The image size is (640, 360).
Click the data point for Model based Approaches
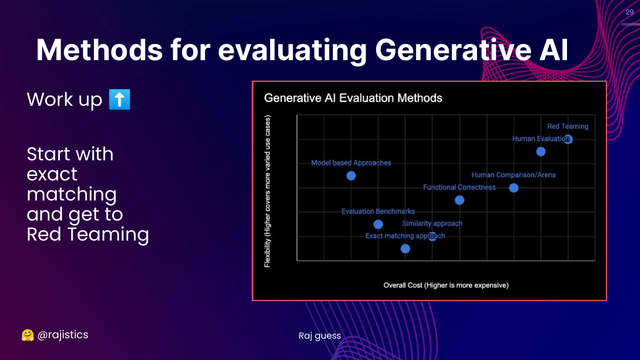click(x=351, y=176)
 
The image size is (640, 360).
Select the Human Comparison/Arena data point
click(x=514, y=188)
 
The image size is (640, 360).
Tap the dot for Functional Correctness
click(x=460, y=200)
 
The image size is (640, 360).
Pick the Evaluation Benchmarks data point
click(x=378, y=224)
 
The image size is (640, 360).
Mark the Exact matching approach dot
click(x=405, y=249)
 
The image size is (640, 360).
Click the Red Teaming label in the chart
click(x=568, y=126)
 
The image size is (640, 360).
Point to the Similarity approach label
click(x=432, y=224)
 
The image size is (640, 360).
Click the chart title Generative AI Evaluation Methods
click(x=353, y=98)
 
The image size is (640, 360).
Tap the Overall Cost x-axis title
click(x=446, y=285)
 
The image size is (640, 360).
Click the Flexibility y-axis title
click(x=267, y=191)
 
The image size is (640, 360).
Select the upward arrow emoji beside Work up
click(x=120, y=99)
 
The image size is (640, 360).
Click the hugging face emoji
click(x=28, y=335)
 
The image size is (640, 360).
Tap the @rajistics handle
click(x=63, y=334)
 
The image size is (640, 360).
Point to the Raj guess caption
click(x=320, y=336)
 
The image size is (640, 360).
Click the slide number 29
click(x=629, y=12)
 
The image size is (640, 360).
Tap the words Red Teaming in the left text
click(x=88, y=234)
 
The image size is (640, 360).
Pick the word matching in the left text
click(x=72, y=194)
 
